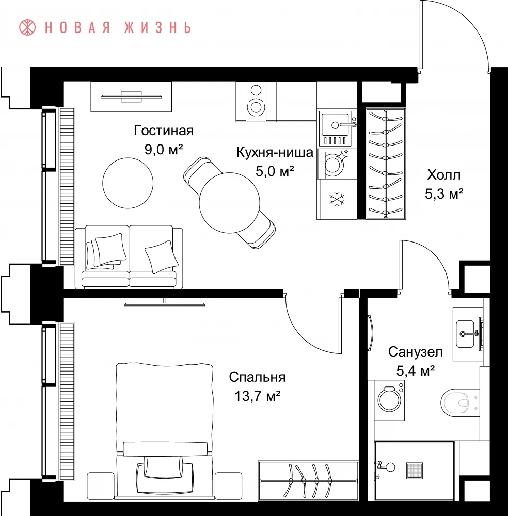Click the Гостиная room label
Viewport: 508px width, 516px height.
point(163,131)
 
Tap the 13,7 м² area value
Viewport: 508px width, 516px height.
point(257,396)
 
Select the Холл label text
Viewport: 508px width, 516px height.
point(444,175)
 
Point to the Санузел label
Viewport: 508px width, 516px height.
point(415,352)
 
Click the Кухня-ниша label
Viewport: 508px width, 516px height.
point(275,152)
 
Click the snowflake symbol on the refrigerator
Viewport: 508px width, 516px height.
point(337,199)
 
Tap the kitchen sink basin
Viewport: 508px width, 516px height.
point(335,125)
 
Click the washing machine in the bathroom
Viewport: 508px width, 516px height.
point(389,400)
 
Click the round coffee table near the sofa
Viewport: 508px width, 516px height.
point(128,183)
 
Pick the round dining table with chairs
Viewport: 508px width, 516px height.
point(229,203)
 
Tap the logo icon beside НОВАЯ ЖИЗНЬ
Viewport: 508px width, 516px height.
point(27,27)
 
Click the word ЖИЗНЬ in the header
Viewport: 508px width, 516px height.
point(157,28)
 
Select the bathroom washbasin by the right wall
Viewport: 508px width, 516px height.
point(467,334)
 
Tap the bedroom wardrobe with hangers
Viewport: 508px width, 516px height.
point(308,481)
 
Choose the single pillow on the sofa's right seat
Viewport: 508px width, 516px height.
point(161,256)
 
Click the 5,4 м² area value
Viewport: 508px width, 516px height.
point(416,371)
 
